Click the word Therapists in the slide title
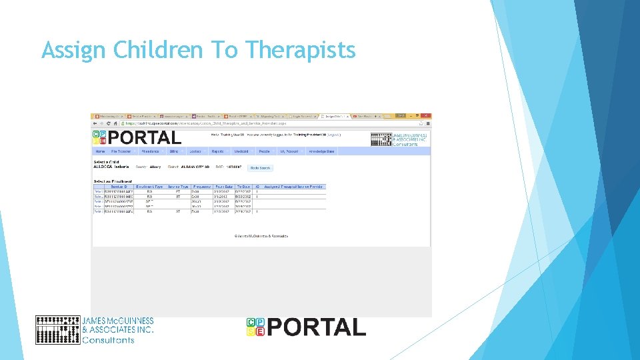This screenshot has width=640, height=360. coord(300,50)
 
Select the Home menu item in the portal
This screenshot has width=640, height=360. coord(100,151)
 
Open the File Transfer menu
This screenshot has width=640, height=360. coord(121,151)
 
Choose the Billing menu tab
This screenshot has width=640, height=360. coord(173,151)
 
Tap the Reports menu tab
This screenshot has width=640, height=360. coord(217,151)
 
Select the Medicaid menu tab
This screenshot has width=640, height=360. coord(241,151)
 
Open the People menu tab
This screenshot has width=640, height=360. coord(265,151)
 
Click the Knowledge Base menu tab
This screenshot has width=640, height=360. coord(321,151)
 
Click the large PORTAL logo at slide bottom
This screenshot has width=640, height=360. coord(307,327)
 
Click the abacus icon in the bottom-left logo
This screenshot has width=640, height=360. coord(57,330)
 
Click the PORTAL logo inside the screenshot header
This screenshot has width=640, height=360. coord(137,138)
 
